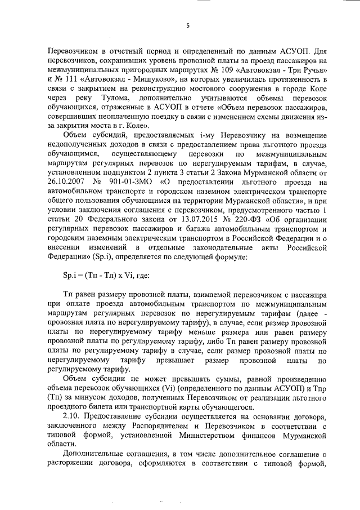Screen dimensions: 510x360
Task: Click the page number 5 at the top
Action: click(188, 24)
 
